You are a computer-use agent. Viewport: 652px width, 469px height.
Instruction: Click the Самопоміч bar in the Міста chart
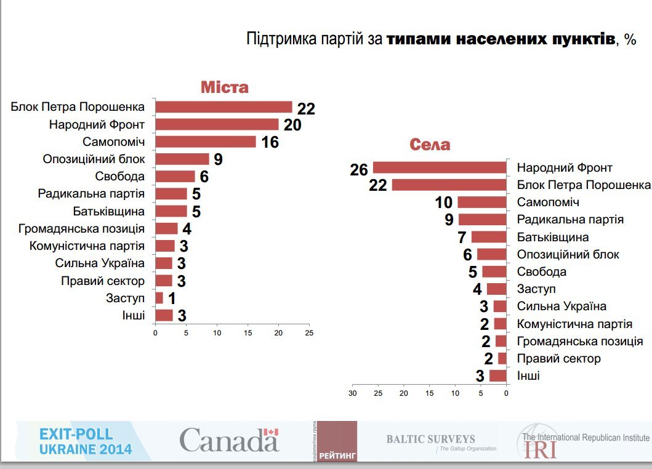[205, 142]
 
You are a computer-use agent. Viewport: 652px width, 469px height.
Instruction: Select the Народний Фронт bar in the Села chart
[439, 167]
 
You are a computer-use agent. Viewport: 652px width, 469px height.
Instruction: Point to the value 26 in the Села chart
[358, 170]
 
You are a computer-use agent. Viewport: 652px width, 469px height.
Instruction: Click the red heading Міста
[225, 87]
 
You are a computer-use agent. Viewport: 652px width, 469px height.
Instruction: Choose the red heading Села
[430, 145]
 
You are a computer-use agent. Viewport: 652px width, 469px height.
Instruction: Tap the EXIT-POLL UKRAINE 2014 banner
[85, 441]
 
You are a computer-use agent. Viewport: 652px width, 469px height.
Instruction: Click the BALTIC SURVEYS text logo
[431, 439]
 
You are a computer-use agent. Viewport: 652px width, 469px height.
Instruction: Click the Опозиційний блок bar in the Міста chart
[182, 159]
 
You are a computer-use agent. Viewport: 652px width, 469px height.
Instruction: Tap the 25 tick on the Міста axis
[309, 332]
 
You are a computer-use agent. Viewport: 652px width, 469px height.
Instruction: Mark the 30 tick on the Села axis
[353, 393]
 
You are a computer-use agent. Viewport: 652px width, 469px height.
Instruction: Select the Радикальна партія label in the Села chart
[570, 219]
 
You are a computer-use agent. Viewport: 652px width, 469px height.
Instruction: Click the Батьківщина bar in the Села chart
[488, 237]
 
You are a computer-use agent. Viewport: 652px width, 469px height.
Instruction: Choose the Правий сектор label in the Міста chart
[103, 281]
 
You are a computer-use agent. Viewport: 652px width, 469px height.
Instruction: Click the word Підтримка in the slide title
[280, 40]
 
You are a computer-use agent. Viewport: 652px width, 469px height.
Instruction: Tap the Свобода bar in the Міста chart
[175, 176]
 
